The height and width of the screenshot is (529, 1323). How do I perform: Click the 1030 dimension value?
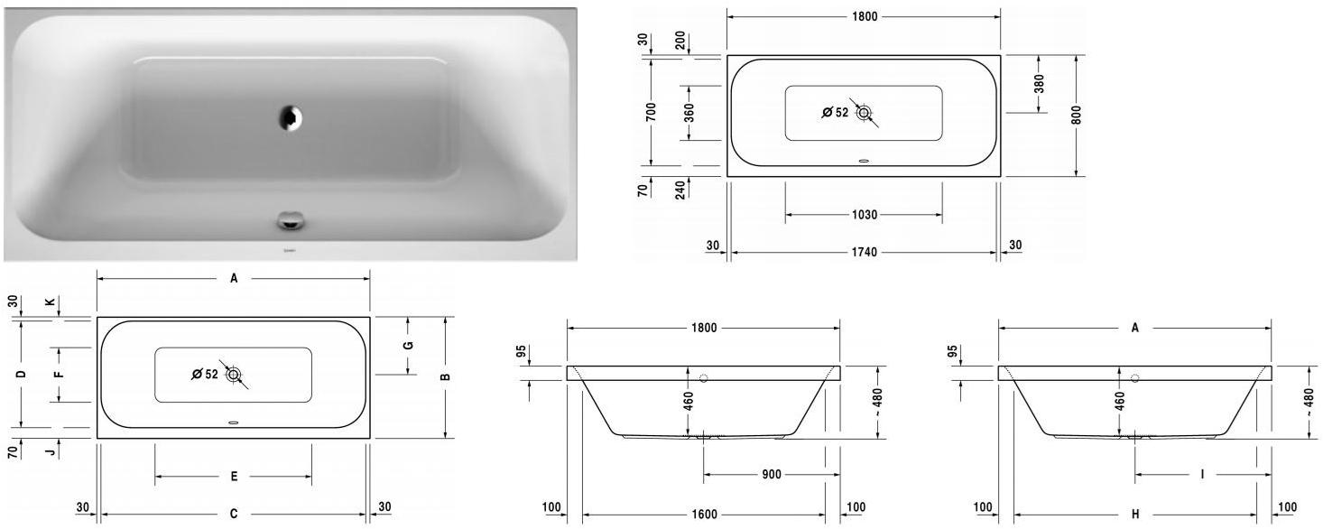point(864,216)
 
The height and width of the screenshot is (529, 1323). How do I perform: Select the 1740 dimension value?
point(864,252)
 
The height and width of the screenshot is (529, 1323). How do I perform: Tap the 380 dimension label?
point(1039,84)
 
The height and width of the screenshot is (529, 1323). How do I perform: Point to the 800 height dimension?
point(1077,115)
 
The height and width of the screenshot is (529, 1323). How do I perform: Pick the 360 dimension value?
point(689,113)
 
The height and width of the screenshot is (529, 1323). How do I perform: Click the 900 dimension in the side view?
point(771,474)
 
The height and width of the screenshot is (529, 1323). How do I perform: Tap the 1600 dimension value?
point(704,515)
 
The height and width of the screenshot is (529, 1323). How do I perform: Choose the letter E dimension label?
point(233,477)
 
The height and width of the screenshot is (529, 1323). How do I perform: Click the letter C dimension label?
point(233,515)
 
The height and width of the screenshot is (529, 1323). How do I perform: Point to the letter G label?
point(408,346)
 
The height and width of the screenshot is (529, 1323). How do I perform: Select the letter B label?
point(445,377)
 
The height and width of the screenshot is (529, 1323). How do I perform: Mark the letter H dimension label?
point(1135,515)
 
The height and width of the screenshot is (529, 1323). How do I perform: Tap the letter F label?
point(60,374)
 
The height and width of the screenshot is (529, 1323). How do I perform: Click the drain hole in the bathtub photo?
point(291,116)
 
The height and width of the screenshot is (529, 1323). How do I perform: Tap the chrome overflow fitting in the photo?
point(291,219)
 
